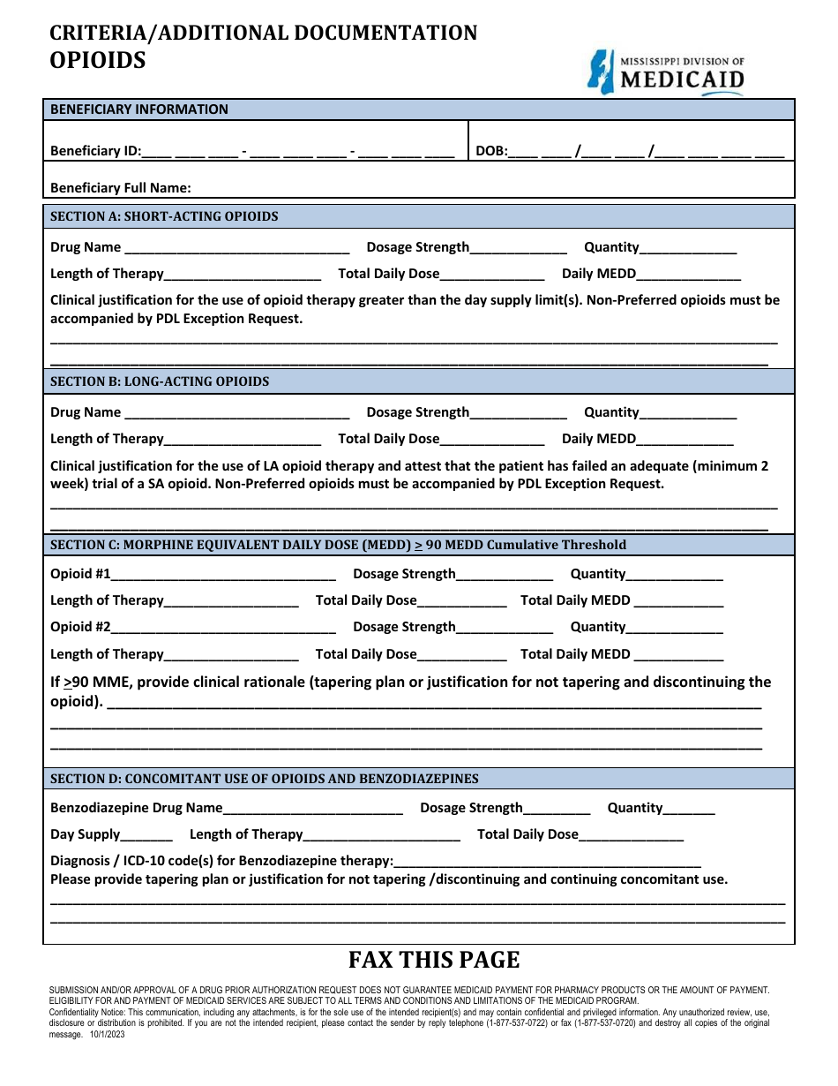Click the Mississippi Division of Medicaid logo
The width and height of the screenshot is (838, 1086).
pyautogui.click(x=666, y=72)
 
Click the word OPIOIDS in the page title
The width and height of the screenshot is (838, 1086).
pyautogui.click(x=98, y=60)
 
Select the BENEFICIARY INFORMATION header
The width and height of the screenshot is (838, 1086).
pyautogui.click(x=139, y=109)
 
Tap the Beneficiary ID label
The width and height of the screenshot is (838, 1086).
pyautogui.click(x=95, y=151)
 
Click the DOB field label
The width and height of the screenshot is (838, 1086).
pyautogui.click(x=491, y=151)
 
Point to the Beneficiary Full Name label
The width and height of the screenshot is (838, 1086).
pyautogui.click(x=121, y=188)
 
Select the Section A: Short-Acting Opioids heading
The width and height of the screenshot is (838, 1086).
pyautogui.click(x=164, y=216)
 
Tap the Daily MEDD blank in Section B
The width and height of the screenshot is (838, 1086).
pyautogui.click(x=685, y=440)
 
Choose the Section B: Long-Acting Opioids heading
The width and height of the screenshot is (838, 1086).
pyautogui.click(x=160, y=381)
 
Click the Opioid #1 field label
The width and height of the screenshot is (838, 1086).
pyautogui.click(x=80, y=574)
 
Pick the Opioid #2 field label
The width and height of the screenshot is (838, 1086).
pyautogui.click(x=80, y=627)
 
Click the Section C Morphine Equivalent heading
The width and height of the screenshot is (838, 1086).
pyautogui.click(x=338, y=545)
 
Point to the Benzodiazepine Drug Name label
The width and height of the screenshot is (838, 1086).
pyautogui.click(x=137, y=808)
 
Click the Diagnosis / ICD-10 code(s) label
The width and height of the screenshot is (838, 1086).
pyautogui.click(x=221, y=861)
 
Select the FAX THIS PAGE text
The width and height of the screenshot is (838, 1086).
pyautogui.click(x=434, y=961)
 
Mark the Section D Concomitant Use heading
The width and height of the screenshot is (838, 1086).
pyautogui.click(x=265, y=779)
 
